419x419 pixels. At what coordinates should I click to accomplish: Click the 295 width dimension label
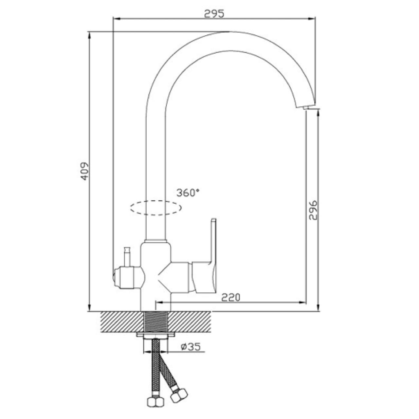214,14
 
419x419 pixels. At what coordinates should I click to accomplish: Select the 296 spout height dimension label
313,210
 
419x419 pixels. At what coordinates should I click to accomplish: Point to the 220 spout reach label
231,297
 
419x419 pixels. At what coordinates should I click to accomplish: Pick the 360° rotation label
188,193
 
